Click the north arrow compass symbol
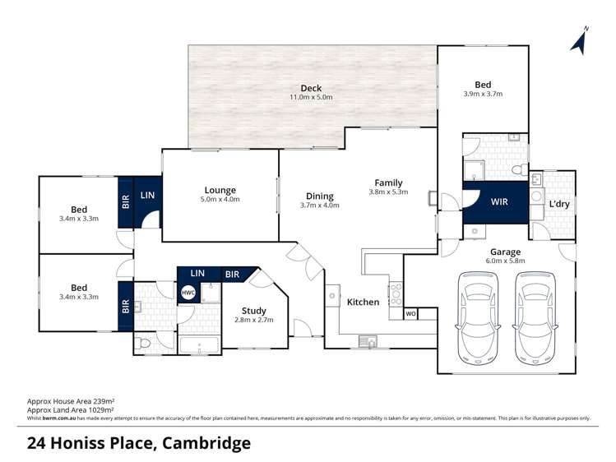(581, 41)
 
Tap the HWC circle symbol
(188, 293)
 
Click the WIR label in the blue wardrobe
(499, 201)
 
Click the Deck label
(311, 88)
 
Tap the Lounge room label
(220, 190)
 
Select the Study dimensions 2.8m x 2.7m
(253, 321)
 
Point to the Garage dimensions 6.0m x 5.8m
(506, 261)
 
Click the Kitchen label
(363, 302)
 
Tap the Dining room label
(320, 196)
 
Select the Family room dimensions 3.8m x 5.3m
(388, 192)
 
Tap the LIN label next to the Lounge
(147, 195)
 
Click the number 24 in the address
(37, 444)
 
